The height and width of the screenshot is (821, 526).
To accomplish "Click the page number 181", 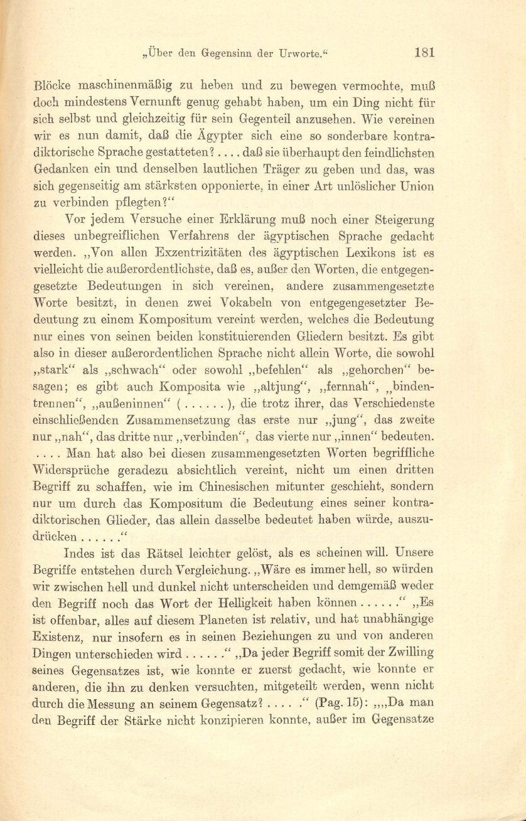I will [425, 53].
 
